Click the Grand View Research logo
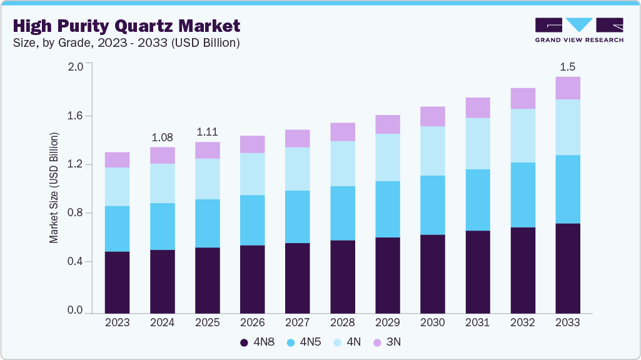578,29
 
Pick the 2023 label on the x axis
117,322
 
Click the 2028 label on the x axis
342,322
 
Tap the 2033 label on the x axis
567,322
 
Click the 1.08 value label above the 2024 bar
162,137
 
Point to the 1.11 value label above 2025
207,132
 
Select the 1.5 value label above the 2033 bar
567,66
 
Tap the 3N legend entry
388,342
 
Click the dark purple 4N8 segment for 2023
117,282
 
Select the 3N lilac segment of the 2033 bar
567,88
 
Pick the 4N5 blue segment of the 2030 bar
432,205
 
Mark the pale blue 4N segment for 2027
297,169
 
